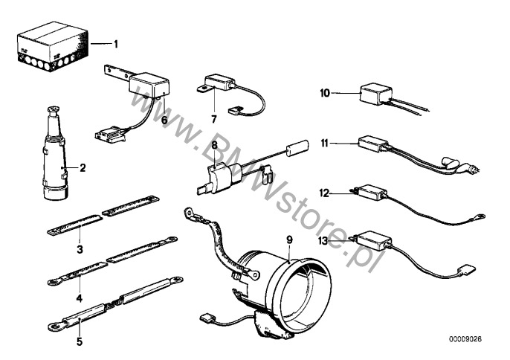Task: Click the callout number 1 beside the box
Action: (x=116, y=44)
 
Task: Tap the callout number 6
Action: (x=164, y=120)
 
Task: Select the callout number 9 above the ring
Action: (x=289, y=240)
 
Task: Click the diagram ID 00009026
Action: (x=465, y=339)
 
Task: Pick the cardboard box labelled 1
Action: (x=52, y=46)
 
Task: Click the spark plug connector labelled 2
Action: (x=56, y=153)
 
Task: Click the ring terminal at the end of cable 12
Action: (x=480, y=216)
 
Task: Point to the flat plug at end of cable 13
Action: (x=467, y=270)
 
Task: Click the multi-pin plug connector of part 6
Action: (x=109, y=134)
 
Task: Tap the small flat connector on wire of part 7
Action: (x=233, y=112)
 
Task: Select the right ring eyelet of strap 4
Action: (x=172, y=240)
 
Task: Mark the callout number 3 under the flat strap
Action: (x=80, y=249)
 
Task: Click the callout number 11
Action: (x=325, y=144)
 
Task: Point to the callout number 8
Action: (x=215, y=145)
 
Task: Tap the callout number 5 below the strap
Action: (x=80, y=341)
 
